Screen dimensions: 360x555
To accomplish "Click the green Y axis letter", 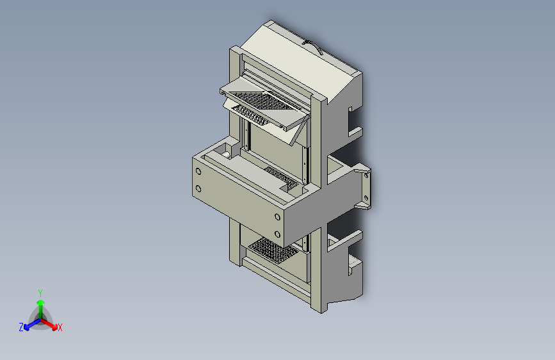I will pos(40,291).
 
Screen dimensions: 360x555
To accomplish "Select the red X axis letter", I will pos(60,328).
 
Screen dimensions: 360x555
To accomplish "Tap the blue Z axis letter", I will pos(21,327).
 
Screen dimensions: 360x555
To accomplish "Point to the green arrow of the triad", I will pos(40,304).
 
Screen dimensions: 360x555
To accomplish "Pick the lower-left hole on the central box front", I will pos(198,188).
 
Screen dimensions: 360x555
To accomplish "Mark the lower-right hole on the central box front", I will pos(277,233).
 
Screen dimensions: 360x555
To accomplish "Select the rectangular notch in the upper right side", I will pos(353,122).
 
